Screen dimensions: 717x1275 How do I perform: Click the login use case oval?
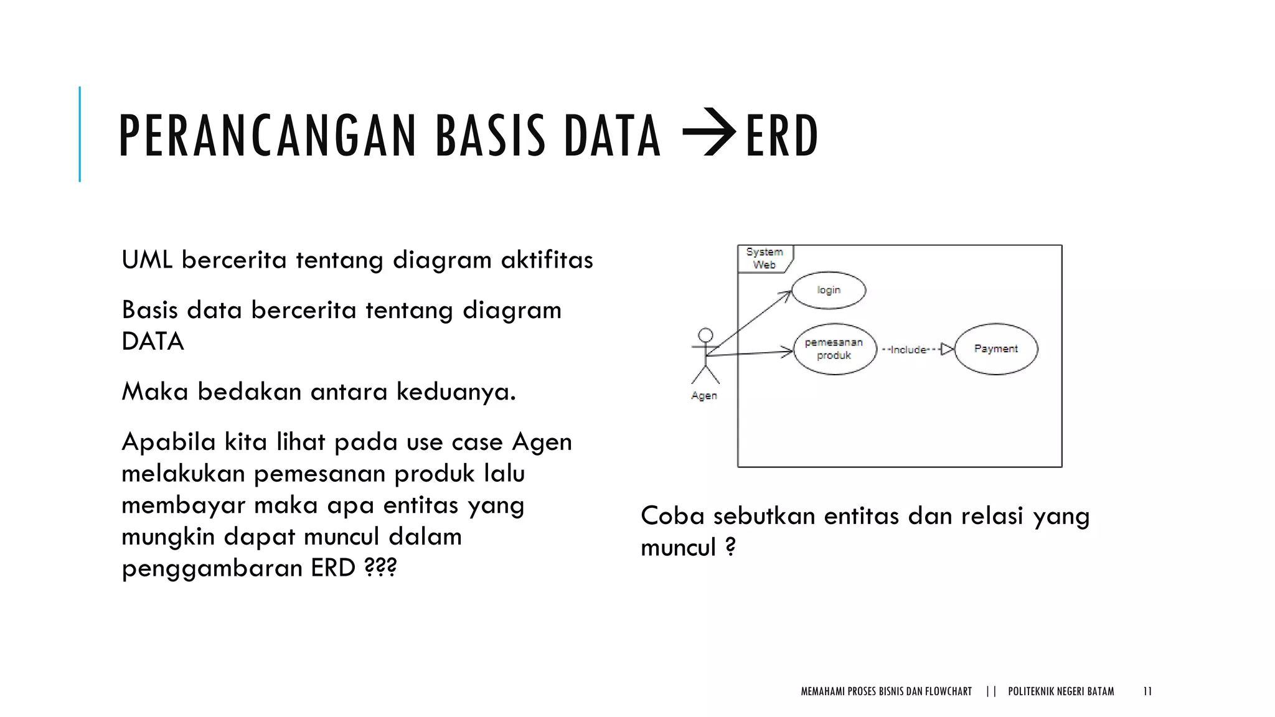click(829, 290)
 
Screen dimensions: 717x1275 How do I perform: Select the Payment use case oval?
click(995, 349)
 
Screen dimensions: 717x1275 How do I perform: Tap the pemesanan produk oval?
click(834, 349)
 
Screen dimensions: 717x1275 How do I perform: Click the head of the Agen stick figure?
click(705, 335)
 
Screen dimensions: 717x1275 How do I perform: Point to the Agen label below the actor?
click(704, 396)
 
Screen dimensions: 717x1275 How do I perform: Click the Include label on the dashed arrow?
click(908, 350)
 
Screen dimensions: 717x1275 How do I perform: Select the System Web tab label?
click(765, 258)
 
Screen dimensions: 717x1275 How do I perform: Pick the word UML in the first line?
click(147, 260)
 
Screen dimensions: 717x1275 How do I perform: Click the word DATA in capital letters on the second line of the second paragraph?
click(153, 341)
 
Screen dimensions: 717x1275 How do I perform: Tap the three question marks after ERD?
click(380, 568)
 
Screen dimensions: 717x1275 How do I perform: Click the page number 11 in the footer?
click(1147, 691)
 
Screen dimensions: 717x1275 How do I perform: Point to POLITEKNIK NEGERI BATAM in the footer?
click(1061, 691)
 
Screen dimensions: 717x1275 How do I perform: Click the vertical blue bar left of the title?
click(80, 134)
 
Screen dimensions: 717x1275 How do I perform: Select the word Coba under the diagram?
click(672, 516)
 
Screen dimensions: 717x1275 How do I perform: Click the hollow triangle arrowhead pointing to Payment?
click(947, 349)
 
